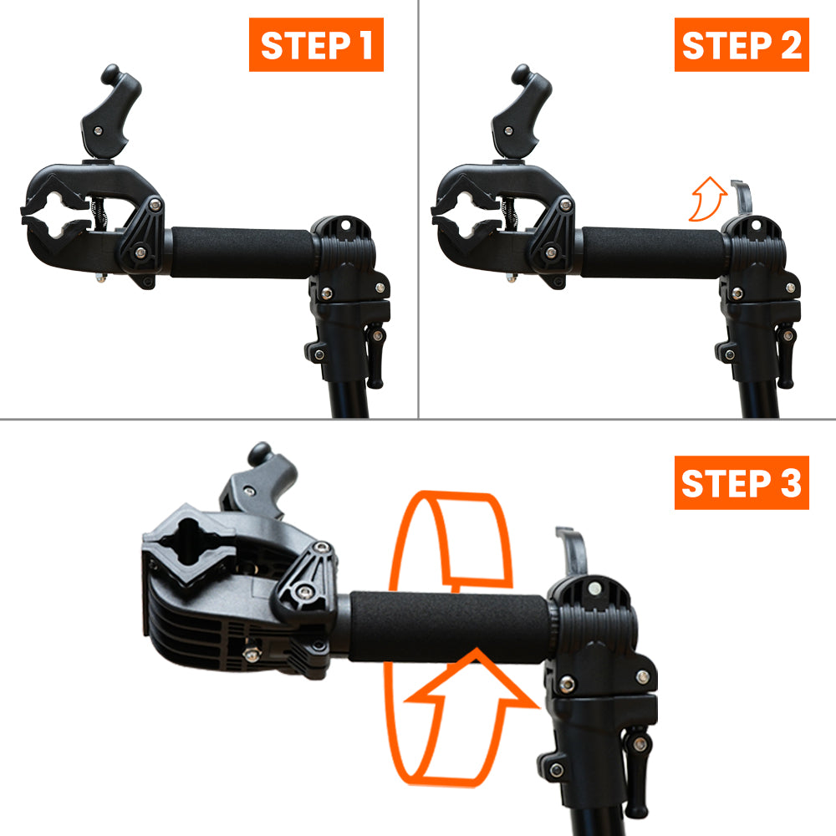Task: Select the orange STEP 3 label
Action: pyautogui.click(x=742, y=482)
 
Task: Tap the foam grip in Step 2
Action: pyautogui.click(x=652, y=251)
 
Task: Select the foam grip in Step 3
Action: pyautogui.click(x=451, y=625)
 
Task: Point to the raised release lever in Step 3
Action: pyautogui.click(x=573, y=552)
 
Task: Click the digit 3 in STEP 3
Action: pyautogui.click(x=788, y=483)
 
